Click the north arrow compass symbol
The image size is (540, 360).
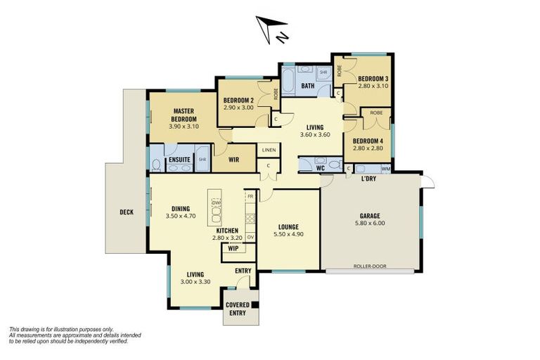click(x=271, y=28)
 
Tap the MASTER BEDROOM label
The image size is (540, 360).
click(x=184, y=115)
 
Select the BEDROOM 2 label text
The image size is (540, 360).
click(x=238, y=101)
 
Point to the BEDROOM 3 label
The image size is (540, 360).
click(x=373, y=78)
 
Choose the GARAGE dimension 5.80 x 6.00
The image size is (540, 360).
click(x=371, y=224)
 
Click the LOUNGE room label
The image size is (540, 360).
click(x=288, y=226)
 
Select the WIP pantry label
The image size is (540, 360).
click(x=232, y=248)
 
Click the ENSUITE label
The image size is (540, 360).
click(x=179, y=160)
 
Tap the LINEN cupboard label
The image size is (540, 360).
click(x=269, y=150)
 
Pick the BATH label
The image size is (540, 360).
click(x=308, y=86)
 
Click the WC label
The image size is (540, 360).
click(x=320, y=168)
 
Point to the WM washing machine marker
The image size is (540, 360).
click(x=385, y=169)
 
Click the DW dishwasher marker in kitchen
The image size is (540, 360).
click(x=216, y=202)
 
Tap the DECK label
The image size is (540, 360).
click(x=126, y=211)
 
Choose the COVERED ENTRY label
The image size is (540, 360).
click(x=237, y=309)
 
